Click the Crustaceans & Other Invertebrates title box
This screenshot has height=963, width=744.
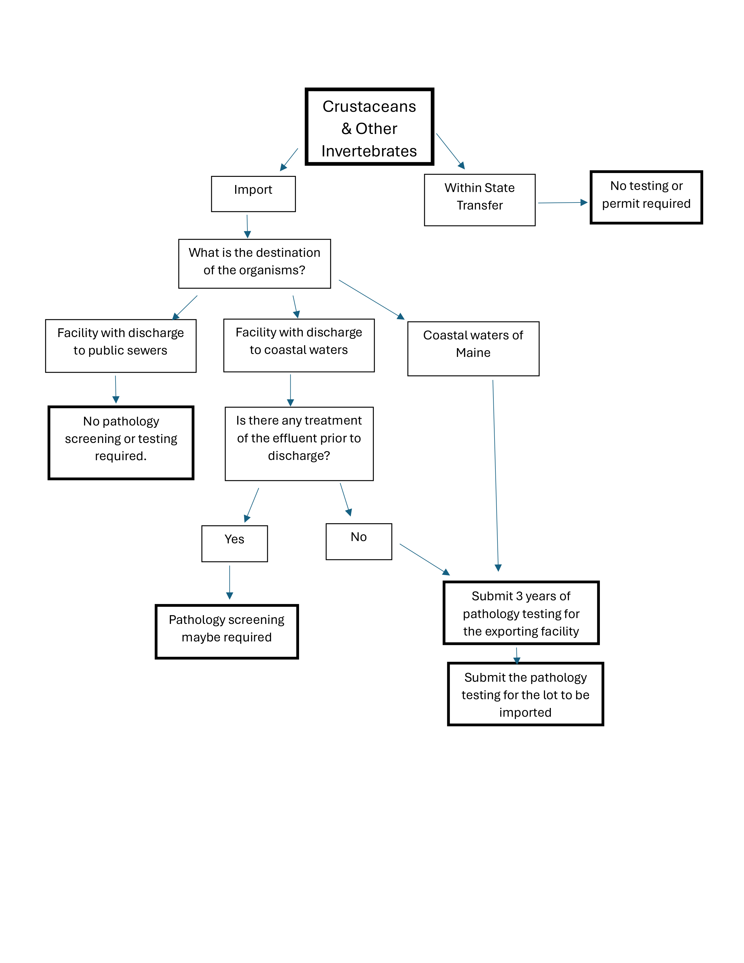click(x=369, y=127)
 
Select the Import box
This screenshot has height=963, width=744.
click(x=254, y=194)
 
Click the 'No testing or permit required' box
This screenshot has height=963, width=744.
click(x=646, y=197)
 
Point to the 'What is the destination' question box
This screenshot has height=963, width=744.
click(x=254, y=264)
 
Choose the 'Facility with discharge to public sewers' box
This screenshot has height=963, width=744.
click(x=121, y=346)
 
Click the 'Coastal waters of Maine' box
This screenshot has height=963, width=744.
click(x=473, y=348)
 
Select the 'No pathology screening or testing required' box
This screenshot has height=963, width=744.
click(x=121, y=442)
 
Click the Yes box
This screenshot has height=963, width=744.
click(x=235, y=543)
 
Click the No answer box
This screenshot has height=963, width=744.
click(x=359, y=541)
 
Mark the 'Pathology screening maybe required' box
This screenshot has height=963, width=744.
click(x=226, y=631)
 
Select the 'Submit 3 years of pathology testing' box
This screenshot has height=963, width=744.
click(x=521, y=613)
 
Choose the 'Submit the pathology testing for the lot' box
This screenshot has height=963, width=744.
click(x=525, y=694)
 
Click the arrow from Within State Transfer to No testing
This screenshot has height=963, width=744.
click(x=563, y=203)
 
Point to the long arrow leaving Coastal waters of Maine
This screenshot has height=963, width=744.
click(x=495, y=475)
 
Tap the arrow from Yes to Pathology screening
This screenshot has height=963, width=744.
click(x=230, y=582)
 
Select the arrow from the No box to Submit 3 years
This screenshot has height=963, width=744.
click(x=425, y=559)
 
